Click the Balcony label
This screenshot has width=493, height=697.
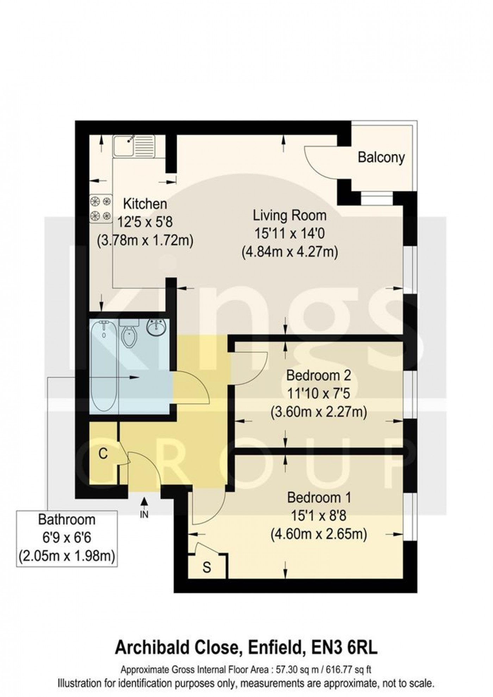pos(381,157)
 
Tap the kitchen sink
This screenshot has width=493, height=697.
pos(133,145)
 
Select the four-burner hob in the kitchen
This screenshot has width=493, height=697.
pos(101,209)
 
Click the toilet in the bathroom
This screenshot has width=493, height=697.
pos(129,334)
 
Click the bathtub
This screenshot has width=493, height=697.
pos(104,366)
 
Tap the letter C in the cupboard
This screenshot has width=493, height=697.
pos(103,454)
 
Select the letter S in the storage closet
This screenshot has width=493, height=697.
pos(207,567)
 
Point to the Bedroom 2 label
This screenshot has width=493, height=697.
pos(318,375)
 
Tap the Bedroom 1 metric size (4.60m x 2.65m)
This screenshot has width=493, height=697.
pos(319,535)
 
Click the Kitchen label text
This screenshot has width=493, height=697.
pos(145,204)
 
